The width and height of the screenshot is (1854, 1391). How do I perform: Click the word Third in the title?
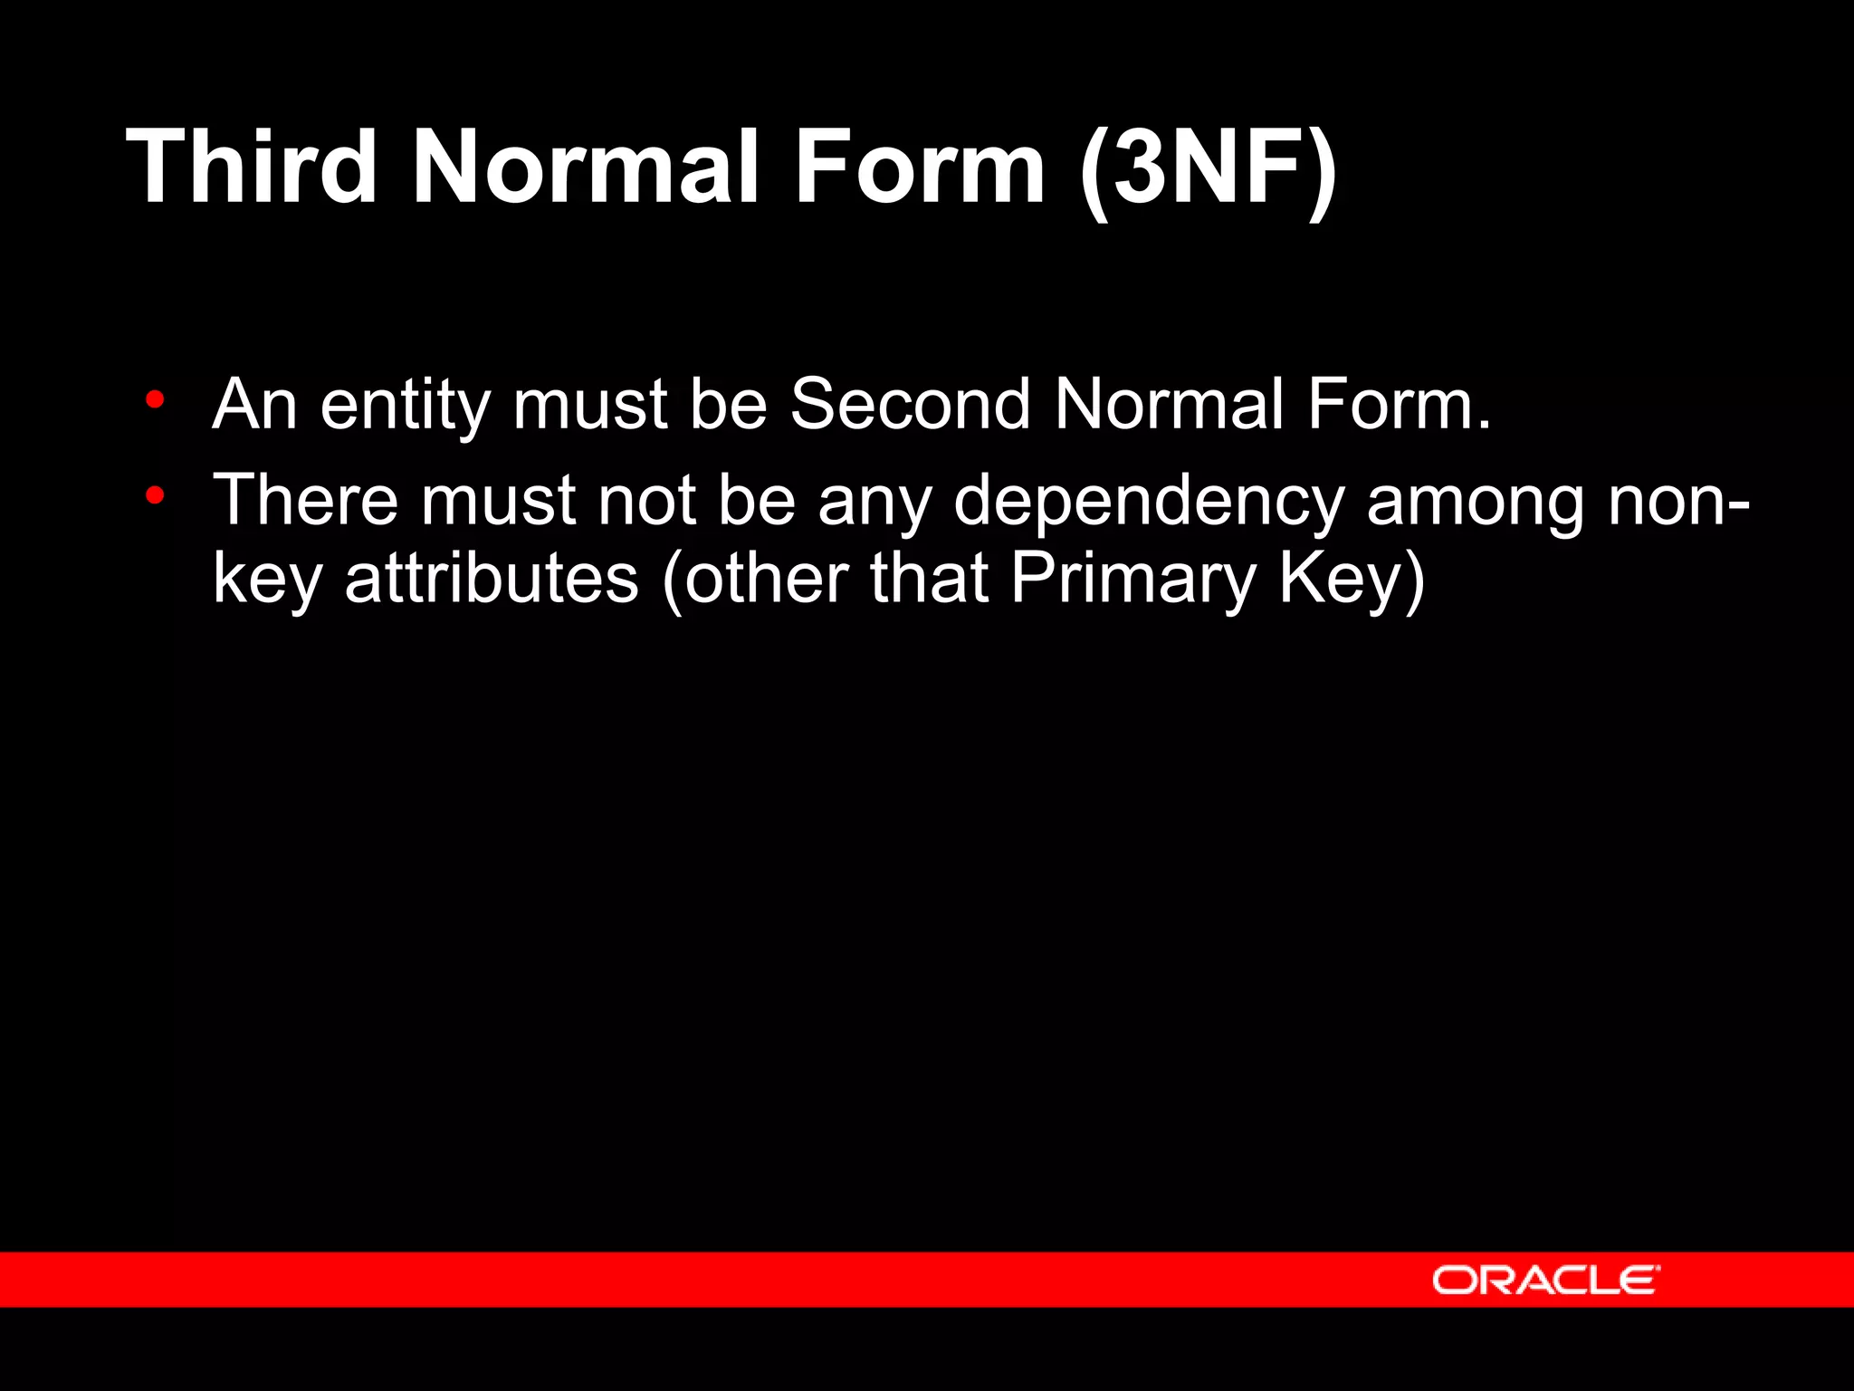252,167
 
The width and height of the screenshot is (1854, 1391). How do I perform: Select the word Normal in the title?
585,167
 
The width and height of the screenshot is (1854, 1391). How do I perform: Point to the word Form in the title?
920,167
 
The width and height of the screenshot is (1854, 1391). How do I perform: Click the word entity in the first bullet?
405,405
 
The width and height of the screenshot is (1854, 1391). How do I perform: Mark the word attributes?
492,580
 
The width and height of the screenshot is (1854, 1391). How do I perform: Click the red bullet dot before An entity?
156,399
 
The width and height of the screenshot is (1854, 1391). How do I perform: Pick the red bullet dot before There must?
156,495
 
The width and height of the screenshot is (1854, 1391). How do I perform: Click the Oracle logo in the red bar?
1545,1280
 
